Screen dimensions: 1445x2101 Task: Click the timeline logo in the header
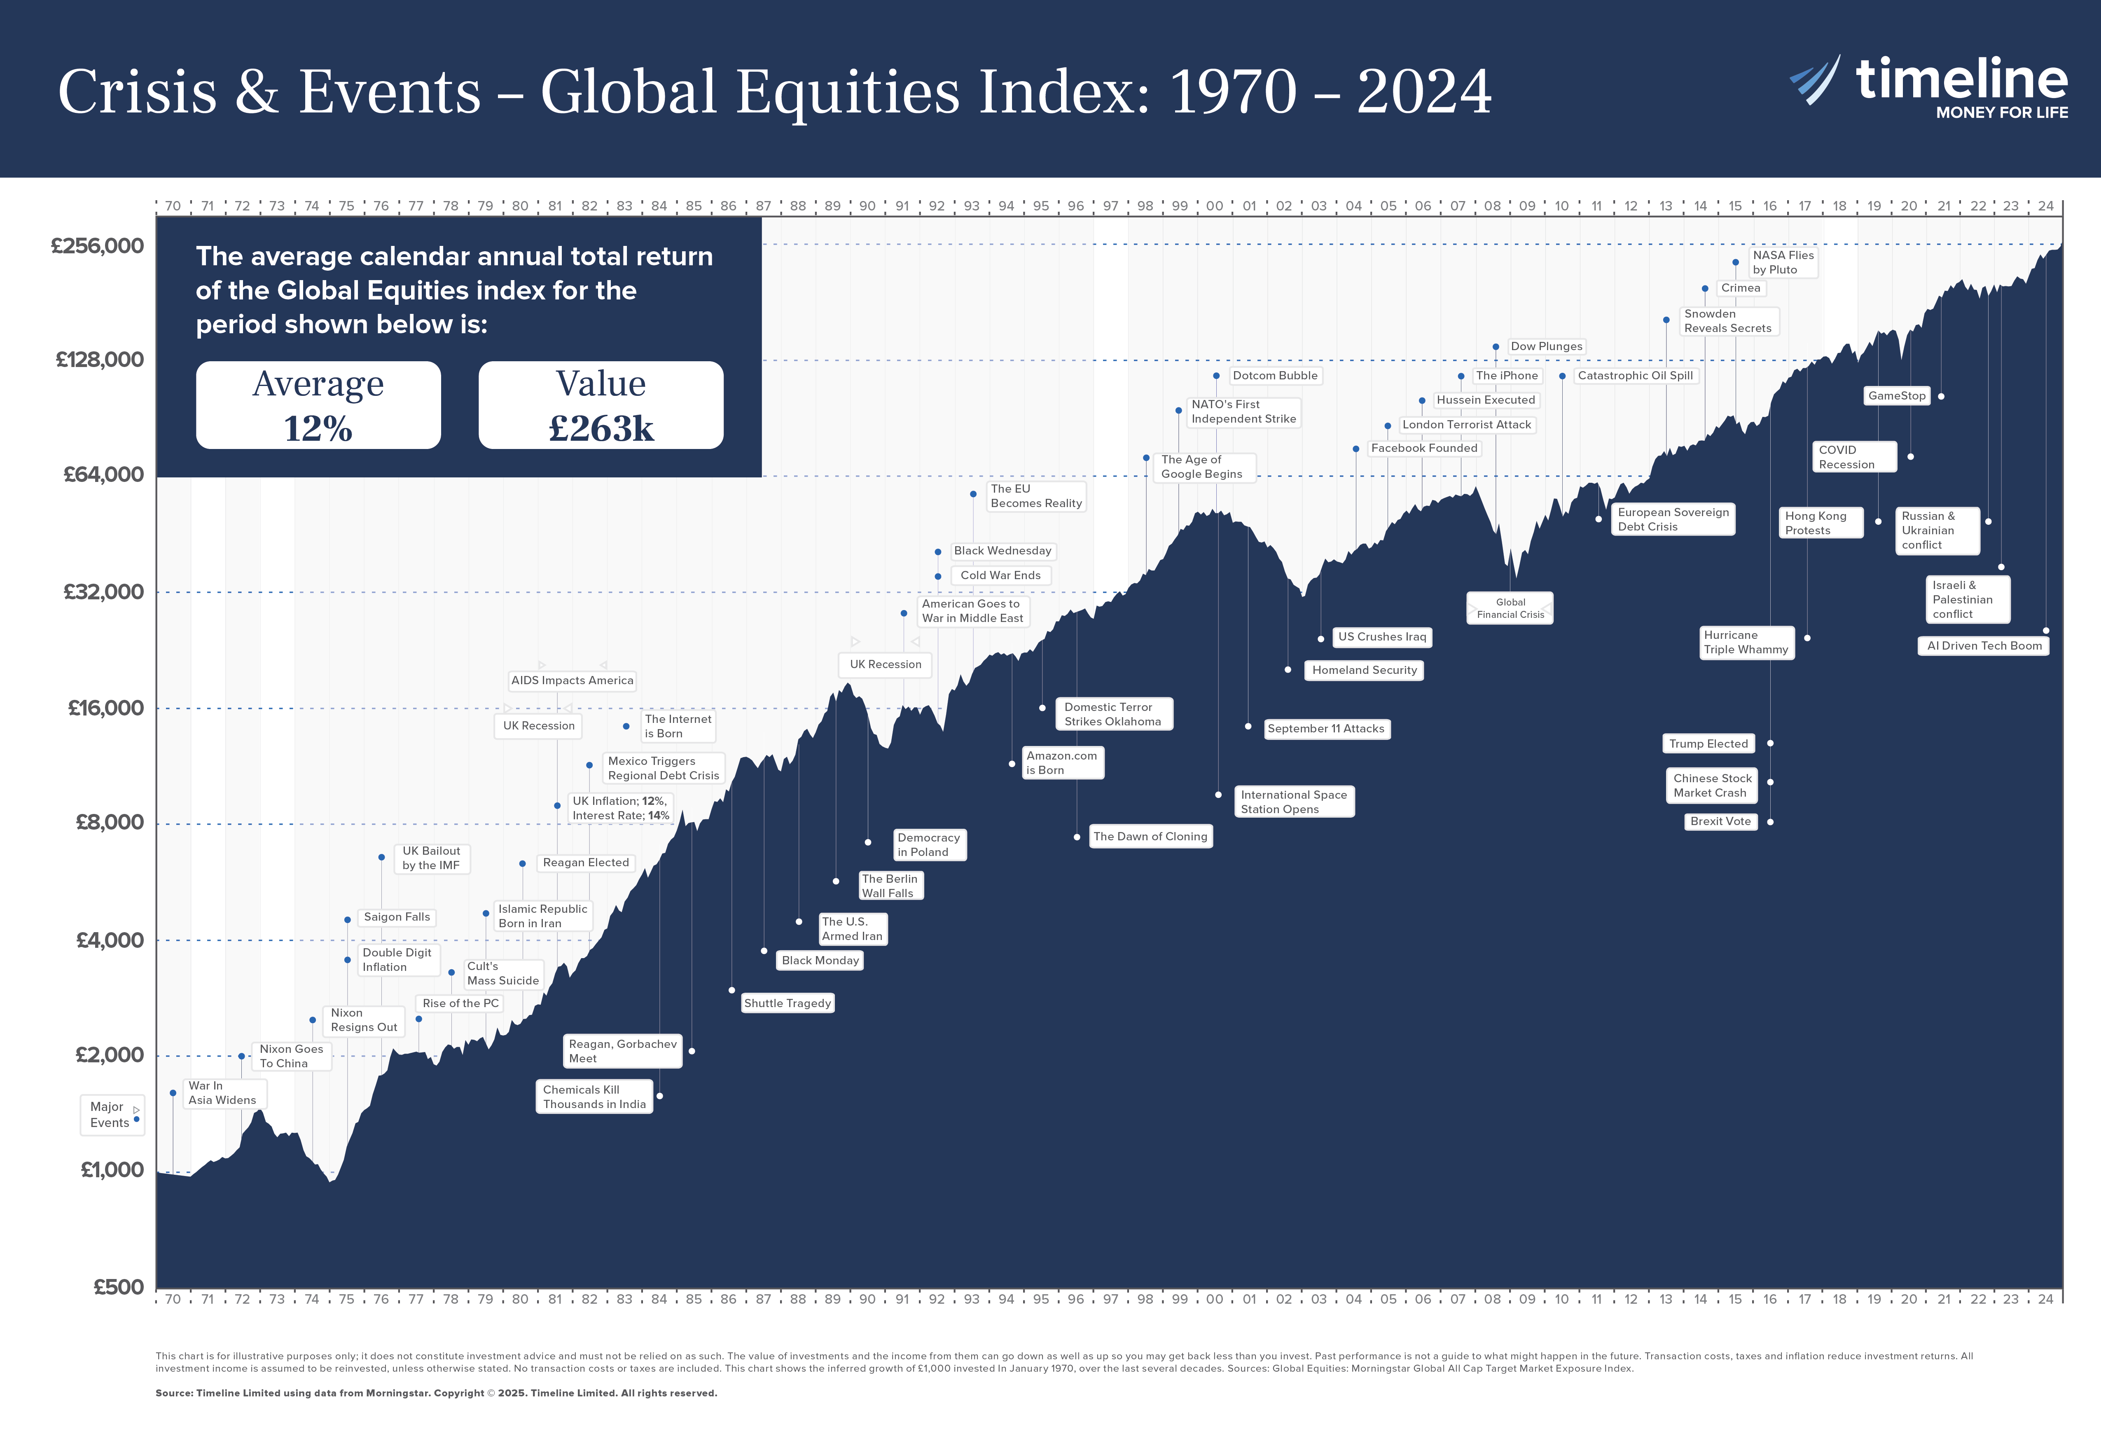click(1928, 86)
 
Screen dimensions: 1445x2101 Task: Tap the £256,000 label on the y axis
click(97, 246)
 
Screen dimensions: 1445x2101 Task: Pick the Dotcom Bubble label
click(1274, 376)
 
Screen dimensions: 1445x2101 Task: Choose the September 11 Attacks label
click(1325, 729)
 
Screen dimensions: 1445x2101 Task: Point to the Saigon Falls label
click(397, 917)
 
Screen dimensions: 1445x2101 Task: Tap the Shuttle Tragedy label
click(787, 1003)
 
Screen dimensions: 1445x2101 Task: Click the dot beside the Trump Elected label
click(1770, 744)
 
